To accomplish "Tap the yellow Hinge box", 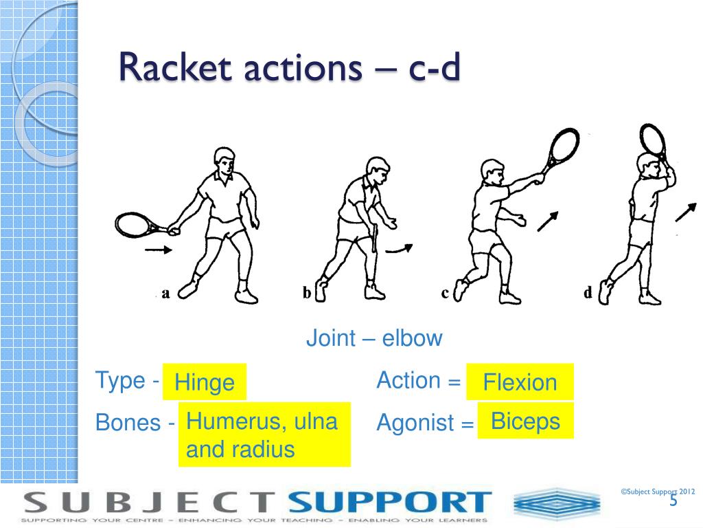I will tap(204, 382).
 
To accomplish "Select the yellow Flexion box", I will tap(520, 382).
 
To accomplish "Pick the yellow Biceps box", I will tap(525, 421).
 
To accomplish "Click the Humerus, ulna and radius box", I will tap(264, 435).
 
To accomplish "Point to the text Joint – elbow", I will tap(374, 338).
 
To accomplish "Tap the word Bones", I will tap(128, 422).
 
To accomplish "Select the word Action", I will tap(408, 380).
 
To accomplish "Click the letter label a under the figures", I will tap(165, 294).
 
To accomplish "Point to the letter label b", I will tap(307, 294).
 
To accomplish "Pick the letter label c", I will tap(445, 294).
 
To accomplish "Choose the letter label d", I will tap(588, 294).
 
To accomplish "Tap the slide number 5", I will tap(673, 500).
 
